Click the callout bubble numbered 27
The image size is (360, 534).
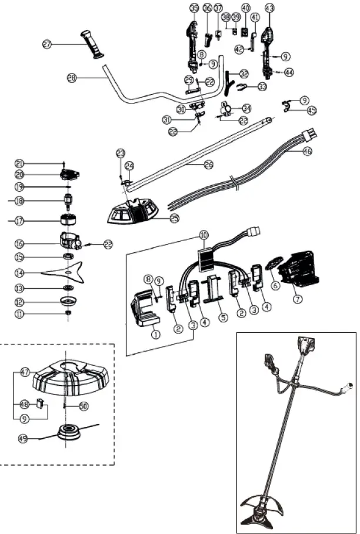tap(47, 44)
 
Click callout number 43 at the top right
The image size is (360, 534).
tap(269, 8)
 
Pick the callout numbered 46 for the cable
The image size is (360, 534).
tap(307, 151)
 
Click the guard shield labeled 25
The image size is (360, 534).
tap(132, 212)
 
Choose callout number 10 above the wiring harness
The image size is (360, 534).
tap(204, 235)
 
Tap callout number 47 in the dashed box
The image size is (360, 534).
tap(25, 372)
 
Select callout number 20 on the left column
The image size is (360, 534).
tap(19, 175)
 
